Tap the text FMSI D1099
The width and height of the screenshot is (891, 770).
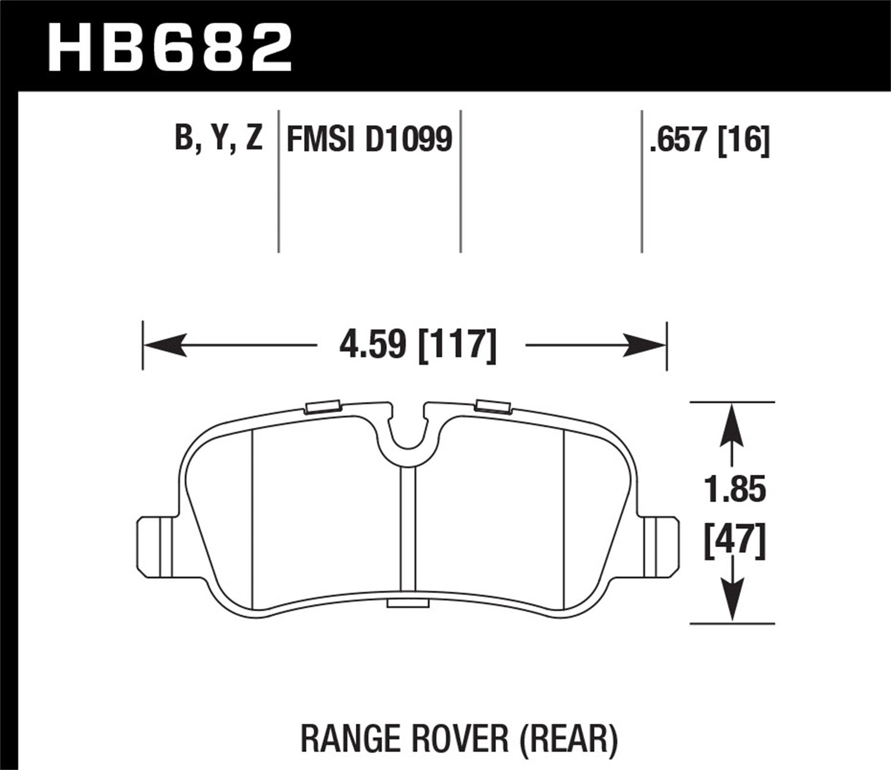click(x=369, y=140)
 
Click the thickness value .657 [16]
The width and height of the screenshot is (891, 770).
click(x=710, y=140)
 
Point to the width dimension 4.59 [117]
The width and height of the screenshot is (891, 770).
click(x=418, y=346)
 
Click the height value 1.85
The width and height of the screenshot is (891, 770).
click(x=735, y=490)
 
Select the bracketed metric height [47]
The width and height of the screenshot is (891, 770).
click(x=735, y=541)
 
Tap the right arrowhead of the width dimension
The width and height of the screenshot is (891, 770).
click(x=645, y=345)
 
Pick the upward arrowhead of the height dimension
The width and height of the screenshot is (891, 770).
click(x=732, y=425)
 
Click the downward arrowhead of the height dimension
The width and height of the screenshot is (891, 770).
click(x=732, y=600)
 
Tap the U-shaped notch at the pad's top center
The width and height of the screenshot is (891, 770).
click(x=407, y=437)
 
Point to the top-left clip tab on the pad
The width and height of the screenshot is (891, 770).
click(x=321, y=407)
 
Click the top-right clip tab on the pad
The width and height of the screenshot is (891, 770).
click(x=493, y=406)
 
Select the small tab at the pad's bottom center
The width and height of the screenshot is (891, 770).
click(x=407, y=604)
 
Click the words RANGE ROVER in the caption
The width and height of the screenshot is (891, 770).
click(x=405, y=739)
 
